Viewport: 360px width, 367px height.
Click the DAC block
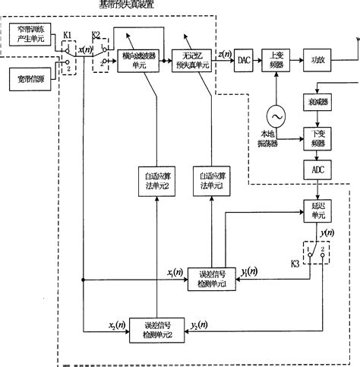[x=244, y=59]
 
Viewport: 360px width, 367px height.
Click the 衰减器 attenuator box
[x=317, y=100]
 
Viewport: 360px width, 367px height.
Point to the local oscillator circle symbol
[x=276, y=115]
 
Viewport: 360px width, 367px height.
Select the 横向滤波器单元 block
[x=138, y=59]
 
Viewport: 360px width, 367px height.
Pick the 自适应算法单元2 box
[x=155, y=178]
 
